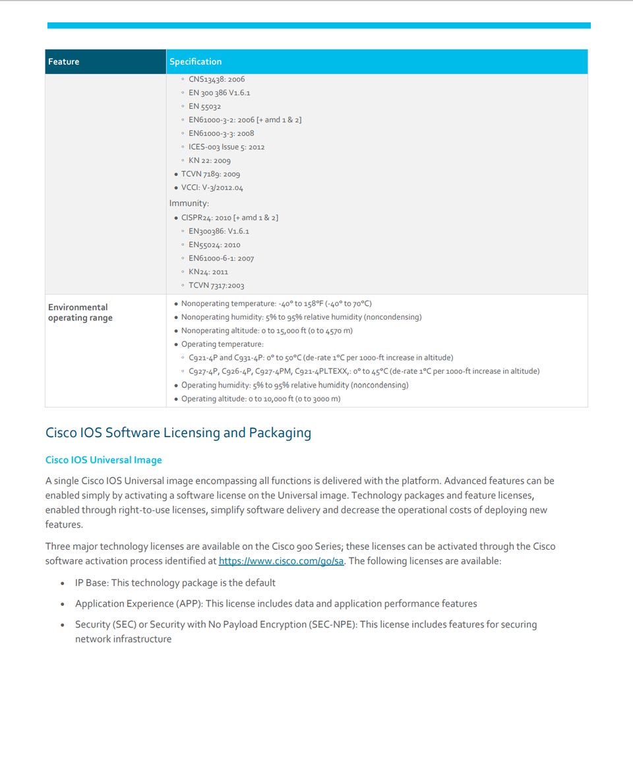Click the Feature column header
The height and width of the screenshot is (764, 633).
pos(63,62)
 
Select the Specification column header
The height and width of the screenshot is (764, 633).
pos(195,62)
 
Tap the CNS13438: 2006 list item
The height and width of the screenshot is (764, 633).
pos(216,79)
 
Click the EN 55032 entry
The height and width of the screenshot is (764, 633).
pos(204,106)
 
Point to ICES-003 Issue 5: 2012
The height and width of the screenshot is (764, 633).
pos(226,147)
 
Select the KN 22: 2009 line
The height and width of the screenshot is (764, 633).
pos(209,161)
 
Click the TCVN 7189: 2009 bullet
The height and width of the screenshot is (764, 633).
pos(210,174)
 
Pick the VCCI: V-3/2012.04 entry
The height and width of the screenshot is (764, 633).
pos(212,188)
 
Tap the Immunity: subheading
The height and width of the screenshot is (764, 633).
pos(189,203)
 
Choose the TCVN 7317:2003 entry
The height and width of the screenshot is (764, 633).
pos(216,285)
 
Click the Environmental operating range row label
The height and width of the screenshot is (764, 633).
pos(80,312)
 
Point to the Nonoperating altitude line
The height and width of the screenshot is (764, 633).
pos(266,331)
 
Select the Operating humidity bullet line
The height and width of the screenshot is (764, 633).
pos(294,385)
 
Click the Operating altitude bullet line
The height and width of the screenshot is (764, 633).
pos(260,399)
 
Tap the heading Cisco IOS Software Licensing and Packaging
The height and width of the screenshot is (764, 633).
pos(178,433)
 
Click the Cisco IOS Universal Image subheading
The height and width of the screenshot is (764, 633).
pos(104,460)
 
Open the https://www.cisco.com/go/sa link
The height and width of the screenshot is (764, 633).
pos(282,561)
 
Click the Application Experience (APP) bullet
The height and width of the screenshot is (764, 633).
pos(276,604)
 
